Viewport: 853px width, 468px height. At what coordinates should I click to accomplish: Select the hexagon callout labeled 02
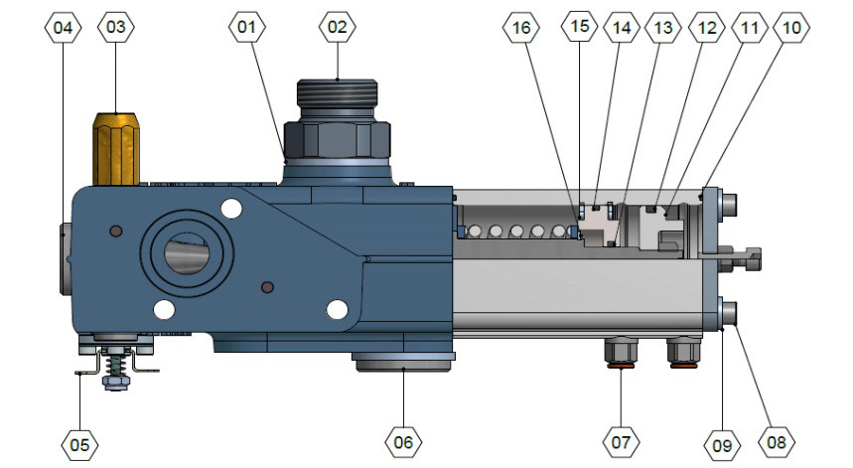point(338,28)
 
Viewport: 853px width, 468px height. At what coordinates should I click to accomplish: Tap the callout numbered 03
point(116,28)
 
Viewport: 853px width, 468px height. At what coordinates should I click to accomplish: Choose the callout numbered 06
point(403,440)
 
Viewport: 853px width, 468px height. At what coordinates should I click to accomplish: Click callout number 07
point(621,440)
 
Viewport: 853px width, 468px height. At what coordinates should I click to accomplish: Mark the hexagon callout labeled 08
point(778,440)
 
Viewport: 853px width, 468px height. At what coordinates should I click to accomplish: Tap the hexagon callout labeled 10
point(790,28)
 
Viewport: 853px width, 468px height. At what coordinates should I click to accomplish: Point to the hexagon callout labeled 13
point(662,28)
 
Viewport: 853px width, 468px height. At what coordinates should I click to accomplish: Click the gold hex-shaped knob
point(115,149)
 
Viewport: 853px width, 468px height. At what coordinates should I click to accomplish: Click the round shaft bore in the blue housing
point(186,251)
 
